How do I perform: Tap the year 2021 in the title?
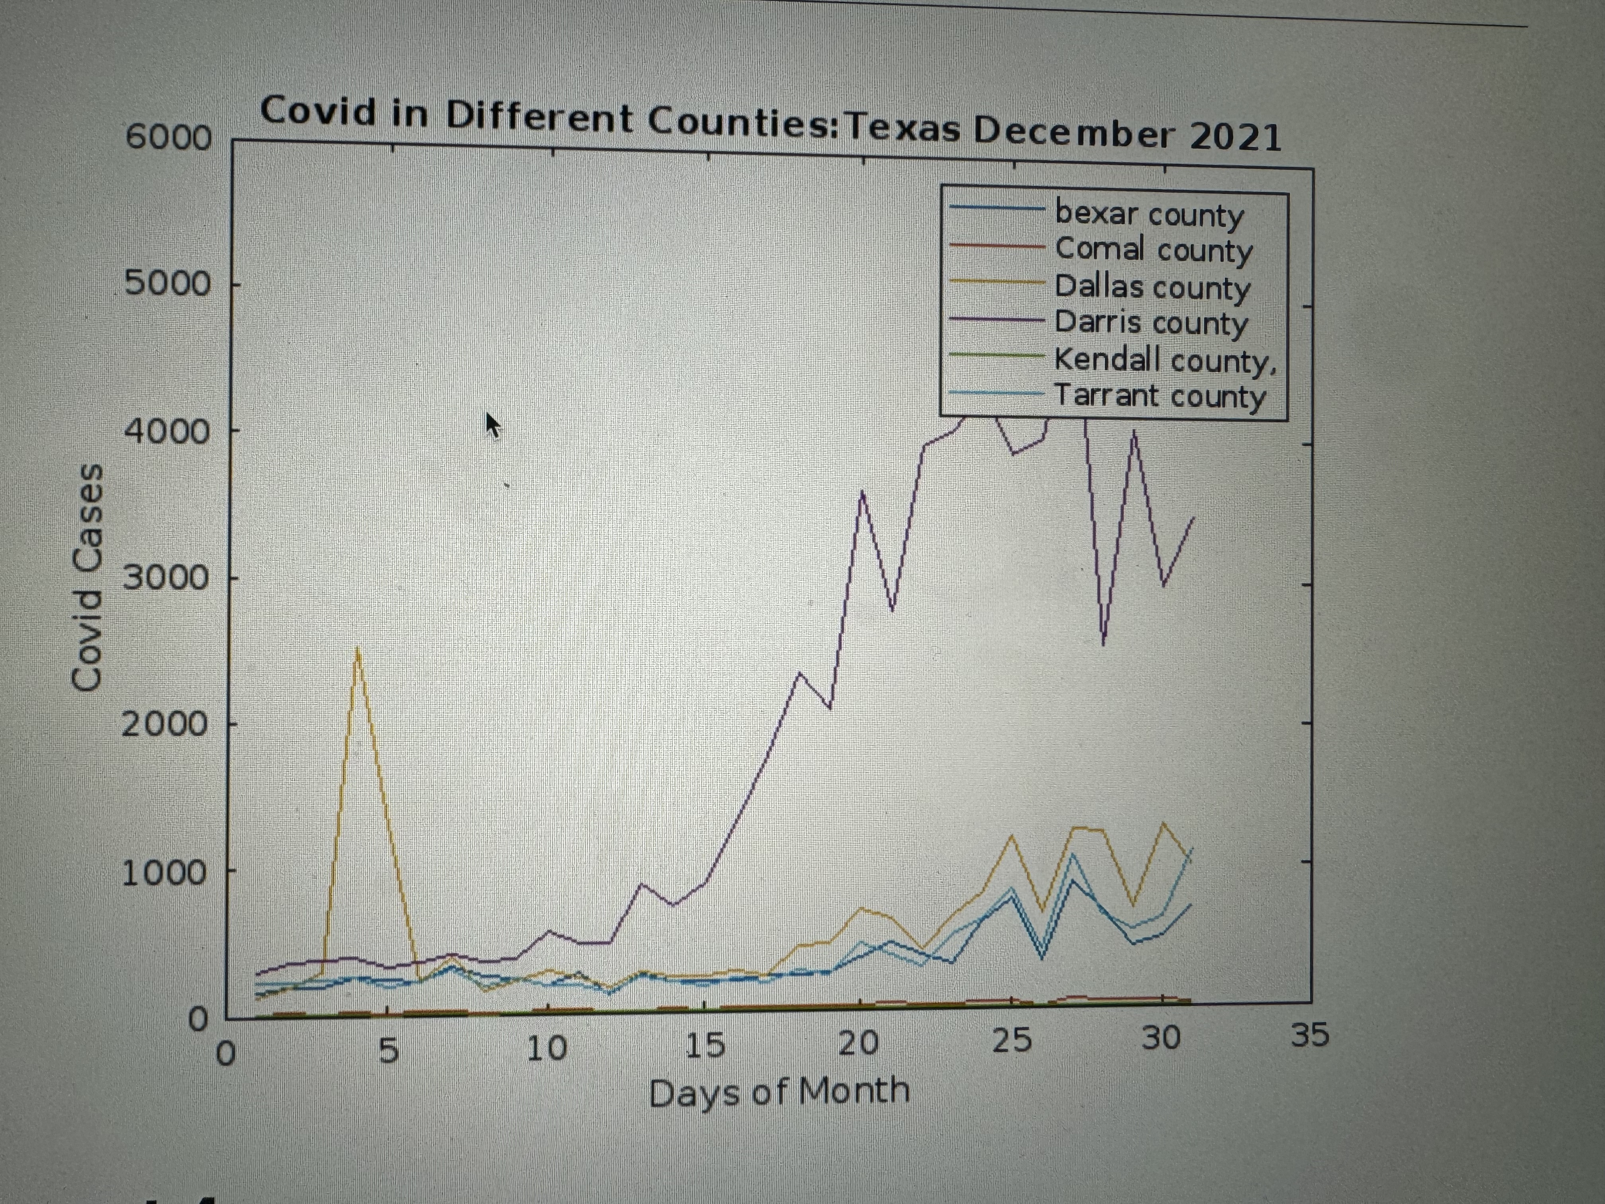coord(1235,137)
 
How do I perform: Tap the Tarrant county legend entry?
coord(1159,396)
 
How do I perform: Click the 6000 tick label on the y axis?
coord(168,137)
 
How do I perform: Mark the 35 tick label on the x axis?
coord(1310,1034)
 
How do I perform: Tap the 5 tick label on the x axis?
coord(389,1051)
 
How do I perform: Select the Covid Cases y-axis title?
coord(87,577)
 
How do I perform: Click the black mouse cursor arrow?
coord(493,424)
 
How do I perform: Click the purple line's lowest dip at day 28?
coord(1103,643)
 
